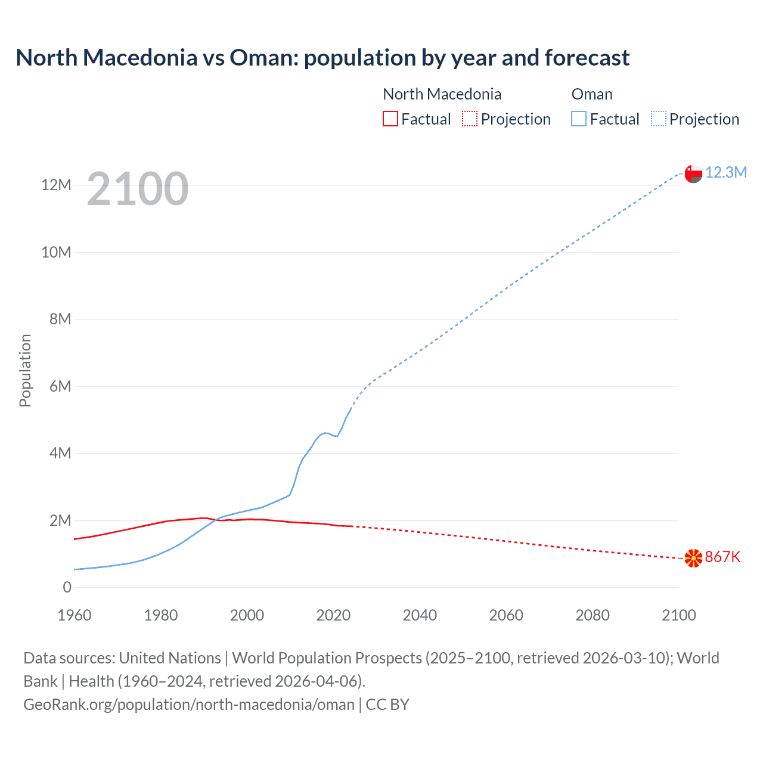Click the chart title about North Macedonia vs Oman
(322, 58)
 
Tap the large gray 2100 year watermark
(138, 189)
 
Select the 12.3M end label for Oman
(725, 173)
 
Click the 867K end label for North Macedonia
(722, 557)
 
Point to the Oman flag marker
(693, 173)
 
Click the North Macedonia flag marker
(693, 558)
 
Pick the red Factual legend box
(390, 119)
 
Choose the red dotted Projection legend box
(470, 119)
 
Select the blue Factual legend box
(579, 119)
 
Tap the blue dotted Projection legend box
(659, 119)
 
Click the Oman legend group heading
(592, 94)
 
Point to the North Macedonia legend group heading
(442, 94)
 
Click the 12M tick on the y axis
(56, 185)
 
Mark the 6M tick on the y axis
(60, 387)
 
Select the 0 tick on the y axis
(67, 588)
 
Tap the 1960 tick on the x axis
(75, 615)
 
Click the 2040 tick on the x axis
(420, 615)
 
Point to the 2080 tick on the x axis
(593, 615)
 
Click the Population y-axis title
(25, 370)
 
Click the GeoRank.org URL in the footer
(189, 705)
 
